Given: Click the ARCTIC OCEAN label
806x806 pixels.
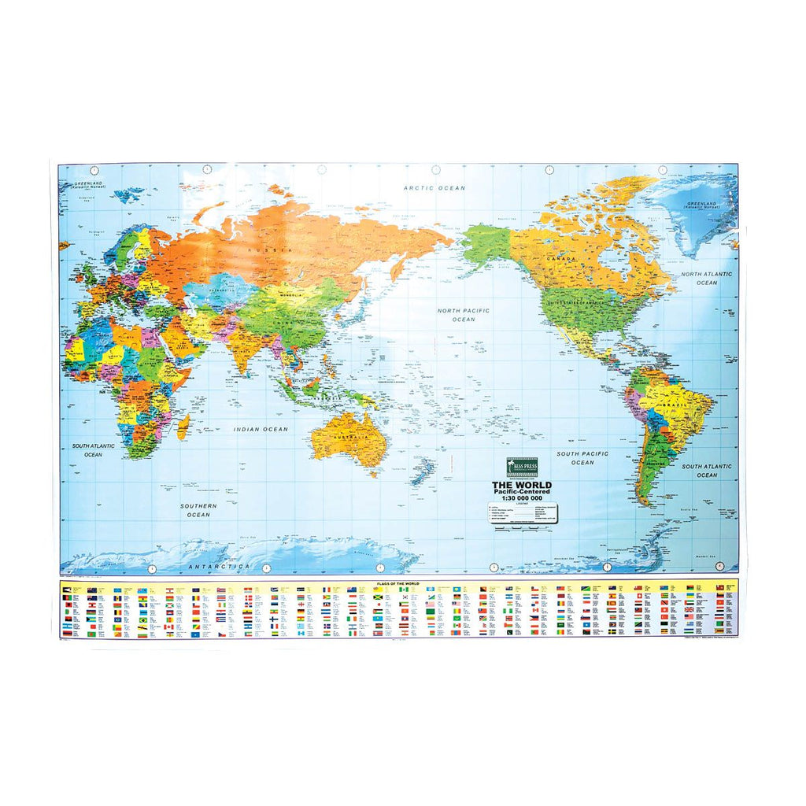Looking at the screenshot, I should [x=434, y=188].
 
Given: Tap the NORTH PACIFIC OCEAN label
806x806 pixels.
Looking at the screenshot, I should [x=463, y=315].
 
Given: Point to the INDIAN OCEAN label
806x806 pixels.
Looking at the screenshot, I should [x=261, y=429].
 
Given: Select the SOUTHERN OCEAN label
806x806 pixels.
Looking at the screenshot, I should [x=198, y=509].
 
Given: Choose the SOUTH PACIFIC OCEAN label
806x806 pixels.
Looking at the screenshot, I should [x=582, y=458].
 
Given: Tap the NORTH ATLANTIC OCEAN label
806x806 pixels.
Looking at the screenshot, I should [x=706, y=278].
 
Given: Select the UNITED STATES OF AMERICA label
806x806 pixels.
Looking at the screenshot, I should [x=583, y=302].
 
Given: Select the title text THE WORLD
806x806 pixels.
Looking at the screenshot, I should [x=522, y=485].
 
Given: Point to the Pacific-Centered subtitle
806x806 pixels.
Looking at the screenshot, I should [x=522, y=492].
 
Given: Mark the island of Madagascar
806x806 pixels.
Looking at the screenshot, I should [x=183, y=427].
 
